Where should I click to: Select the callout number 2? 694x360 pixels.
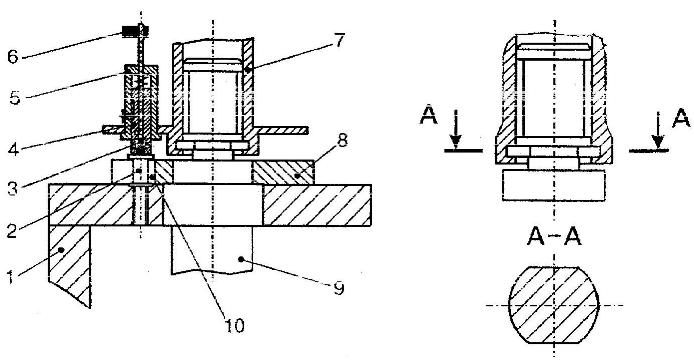[12, 231]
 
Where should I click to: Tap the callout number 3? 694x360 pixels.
[12, 188]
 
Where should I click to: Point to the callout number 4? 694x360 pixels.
[13, 148]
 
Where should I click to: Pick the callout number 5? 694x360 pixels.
[15, 97]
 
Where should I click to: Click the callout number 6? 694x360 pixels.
[13, 57]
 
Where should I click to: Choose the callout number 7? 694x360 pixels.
[338, 40]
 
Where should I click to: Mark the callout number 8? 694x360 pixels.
[342, 141]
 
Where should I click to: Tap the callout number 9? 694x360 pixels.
[339, 288]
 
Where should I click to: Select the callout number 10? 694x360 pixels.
[234, 326]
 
